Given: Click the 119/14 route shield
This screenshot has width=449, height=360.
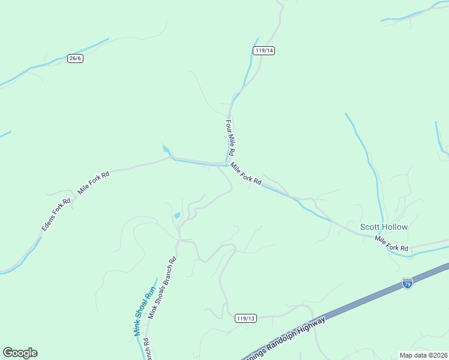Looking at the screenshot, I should pyautogui.click(x=264, y=50).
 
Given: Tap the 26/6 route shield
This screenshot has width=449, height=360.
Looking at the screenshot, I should pyautogui.click(x=75, y=58).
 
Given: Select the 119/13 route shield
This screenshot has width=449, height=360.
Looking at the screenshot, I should pyautogui.click(x=246, y=318).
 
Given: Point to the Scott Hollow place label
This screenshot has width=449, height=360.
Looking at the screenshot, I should pyautogui.click(x=384, y=227).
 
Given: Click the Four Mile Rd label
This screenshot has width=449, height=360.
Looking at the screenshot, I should pyautogui.click(x=231, y=137).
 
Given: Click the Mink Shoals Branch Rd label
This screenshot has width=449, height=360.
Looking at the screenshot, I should pyautogui.click(x=162, y=288).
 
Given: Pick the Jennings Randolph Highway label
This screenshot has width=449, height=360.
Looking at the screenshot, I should pyautogui.click(x=287, y=339).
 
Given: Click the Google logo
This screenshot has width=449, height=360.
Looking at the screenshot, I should pyautogui.click(x=20, y=352).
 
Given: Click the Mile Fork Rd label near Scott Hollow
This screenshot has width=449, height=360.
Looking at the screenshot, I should pyautogui.click(x=391, y=244).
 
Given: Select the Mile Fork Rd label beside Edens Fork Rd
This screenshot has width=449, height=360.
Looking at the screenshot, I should pyautogui.click(x=93, y=182).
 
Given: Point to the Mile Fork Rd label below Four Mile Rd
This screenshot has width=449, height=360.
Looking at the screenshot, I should pyautogui.click(x=246, y=174).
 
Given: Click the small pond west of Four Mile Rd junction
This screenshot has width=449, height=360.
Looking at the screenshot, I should pyautogui.click(x=166, y=149).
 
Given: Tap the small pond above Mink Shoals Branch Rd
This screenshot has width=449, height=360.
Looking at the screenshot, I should pyautogui.click(x=176, y=215).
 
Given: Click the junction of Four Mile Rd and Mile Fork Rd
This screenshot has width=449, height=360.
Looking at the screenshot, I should pyautogui.click(x=228, y=163).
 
